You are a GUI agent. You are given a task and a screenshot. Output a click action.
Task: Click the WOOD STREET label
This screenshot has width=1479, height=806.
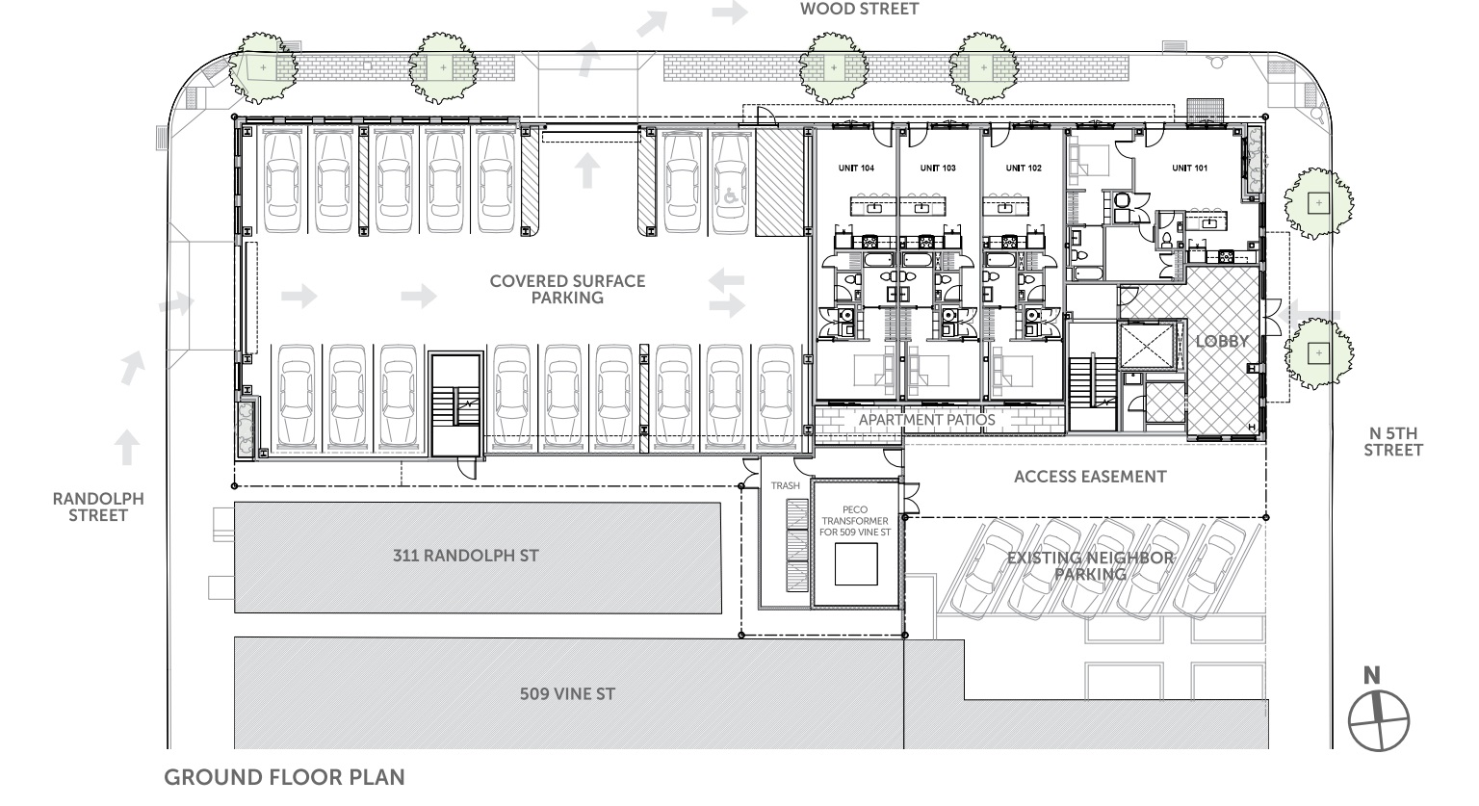[859, 9]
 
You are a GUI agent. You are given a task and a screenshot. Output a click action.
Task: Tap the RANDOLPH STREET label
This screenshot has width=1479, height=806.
[98, 507]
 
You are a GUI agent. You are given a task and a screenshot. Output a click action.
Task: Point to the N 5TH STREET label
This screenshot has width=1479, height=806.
[1393, 442]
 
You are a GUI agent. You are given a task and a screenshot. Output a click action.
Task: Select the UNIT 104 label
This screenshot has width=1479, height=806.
[856, 168]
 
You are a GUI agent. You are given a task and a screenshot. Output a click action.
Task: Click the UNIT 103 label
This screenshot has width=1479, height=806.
[938, 168]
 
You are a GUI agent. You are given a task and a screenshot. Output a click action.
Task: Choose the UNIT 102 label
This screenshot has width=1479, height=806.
[1024, 168]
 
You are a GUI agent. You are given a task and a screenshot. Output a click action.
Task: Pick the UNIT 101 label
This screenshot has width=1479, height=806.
[1189, 168]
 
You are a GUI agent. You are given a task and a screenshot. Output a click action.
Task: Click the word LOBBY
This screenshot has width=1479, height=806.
[1222, 341]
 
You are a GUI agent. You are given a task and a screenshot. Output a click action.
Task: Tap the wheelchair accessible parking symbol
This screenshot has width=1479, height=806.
[730, 195]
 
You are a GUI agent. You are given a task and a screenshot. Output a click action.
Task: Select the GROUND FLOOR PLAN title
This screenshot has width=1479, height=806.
[285, 777]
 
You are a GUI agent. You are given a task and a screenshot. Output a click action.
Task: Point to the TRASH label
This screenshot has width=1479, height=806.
[785, 486]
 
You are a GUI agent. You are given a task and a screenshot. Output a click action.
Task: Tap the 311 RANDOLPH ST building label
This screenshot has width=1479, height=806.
[465, 556]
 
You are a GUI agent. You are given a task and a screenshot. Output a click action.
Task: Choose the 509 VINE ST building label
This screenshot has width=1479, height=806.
[567, 693]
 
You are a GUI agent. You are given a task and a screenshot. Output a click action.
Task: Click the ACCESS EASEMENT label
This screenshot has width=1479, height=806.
[1090, 477]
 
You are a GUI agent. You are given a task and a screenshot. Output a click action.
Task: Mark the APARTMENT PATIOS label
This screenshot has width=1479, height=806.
[926, 420]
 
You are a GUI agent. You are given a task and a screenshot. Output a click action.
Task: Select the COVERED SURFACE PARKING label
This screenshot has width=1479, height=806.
[567, 289]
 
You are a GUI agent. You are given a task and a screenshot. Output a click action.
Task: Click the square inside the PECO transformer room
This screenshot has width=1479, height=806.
[856, 564]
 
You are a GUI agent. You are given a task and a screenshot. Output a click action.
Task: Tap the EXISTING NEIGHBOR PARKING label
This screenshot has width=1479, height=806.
[1090, 565]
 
